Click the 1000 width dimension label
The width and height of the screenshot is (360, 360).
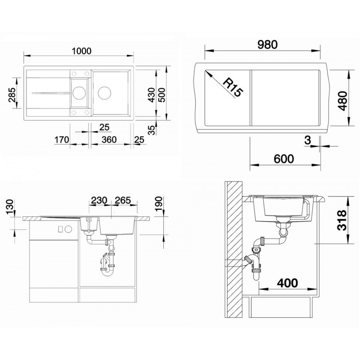point(82,51)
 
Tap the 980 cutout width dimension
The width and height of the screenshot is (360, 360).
point(267,45)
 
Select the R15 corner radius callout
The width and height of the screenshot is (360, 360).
point(233,87)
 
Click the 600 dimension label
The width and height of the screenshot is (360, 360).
point(284,159)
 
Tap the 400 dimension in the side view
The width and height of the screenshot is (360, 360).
point(287,283)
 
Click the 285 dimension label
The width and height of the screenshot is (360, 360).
point(12,94)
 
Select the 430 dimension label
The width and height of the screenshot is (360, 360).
point(152,95)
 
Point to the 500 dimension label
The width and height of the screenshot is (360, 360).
point(162,95)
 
